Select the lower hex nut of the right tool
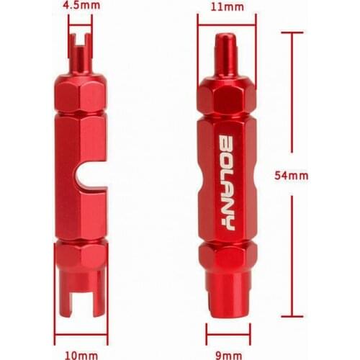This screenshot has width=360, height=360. click(227, 256)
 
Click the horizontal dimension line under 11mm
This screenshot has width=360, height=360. click(226, 24)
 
